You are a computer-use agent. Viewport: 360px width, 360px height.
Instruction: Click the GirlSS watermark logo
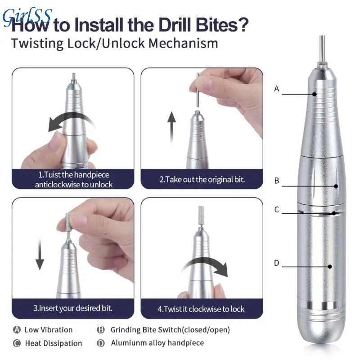[27, 17]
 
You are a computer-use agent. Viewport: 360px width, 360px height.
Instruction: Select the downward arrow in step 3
[40, 254]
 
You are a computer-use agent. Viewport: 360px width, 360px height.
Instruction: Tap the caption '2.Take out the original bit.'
[202, 179]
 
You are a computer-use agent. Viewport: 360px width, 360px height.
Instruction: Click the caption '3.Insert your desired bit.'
[73, 308]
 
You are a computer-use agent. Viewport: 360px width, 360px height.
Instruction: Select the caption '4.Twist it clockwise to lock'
[201, 309]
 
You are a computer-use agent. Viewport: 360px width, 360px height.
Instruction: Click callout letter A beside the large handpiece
[277, 89]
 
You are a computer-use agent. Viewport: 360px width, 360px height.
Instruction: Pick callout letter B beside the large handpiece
[277, 180]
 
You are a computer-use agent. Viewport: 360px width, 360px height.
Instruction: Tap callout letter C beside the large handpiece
[277, 209]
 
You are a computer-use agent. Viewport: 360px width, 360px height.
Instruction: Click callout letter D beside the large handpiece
[277, 263]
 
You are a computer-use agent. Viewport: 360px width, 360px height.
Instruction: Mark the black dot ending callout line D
[330, 266]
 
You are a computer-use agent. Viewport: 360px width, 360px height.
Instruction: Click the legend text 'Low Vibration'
[49, 330]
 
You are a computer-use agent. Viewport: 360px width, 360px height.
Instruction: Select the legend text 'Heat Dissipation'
[54, 343]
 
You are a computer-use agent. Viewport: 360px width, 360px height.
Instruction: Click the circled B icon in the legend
[101, 330]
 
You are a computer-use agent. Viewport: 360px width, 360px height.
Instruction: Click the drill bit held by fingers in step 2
[198, 90]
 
